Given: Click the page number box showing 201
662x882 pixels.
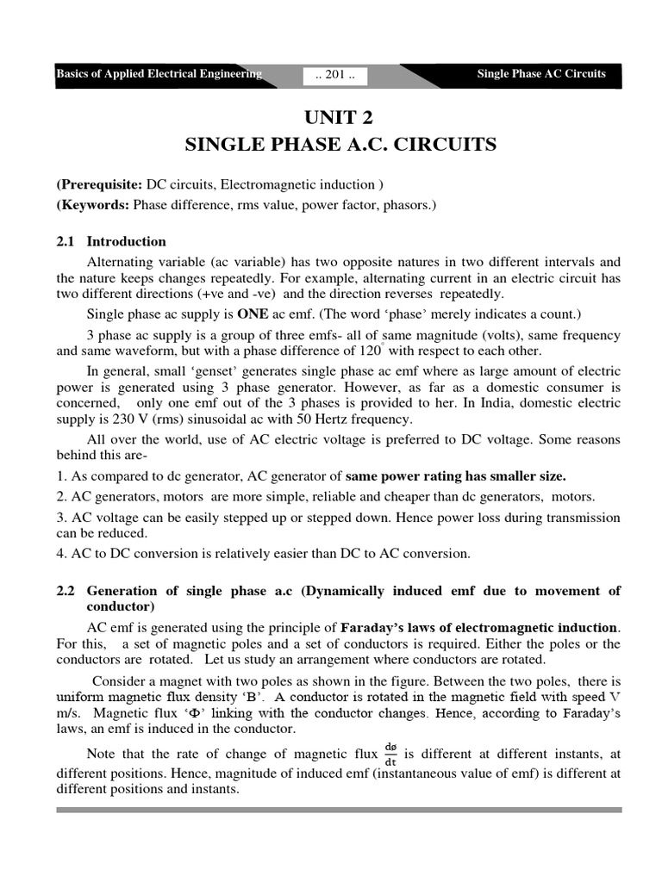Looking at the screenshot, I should [335, 75].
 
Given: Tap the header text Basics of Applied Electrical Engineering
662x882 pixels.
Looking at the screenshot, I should [159, 74].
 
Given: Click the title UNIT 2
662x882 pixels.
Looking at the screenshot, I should [340, 116].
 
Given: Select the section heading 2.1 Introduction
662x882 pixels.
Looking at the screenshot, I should [111, 241].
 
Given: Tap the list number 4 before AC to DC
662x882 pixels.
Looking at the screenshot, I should [61, 553].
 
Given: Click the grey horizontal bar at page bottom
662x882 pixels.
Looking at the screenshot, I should [339, 810].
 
